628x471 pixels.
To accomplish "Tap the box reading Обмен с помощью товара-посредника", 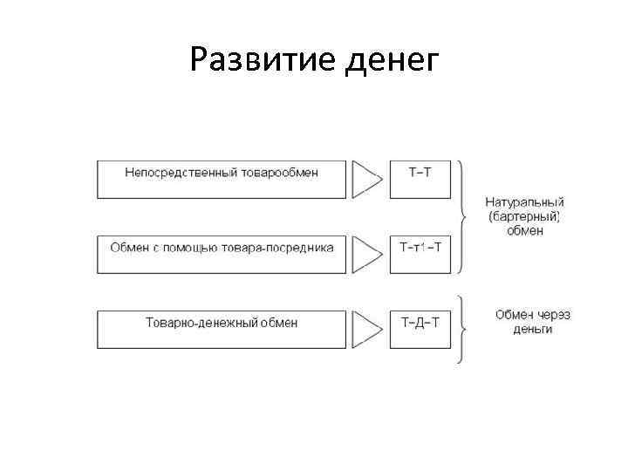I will coord(222,252).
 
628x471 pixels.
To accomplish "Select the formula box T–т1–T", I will coord(420,252).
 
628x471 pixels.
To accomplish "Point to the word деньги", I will coord(524,330).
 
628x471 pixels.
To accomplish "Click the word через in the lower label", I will coord(547,315).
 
